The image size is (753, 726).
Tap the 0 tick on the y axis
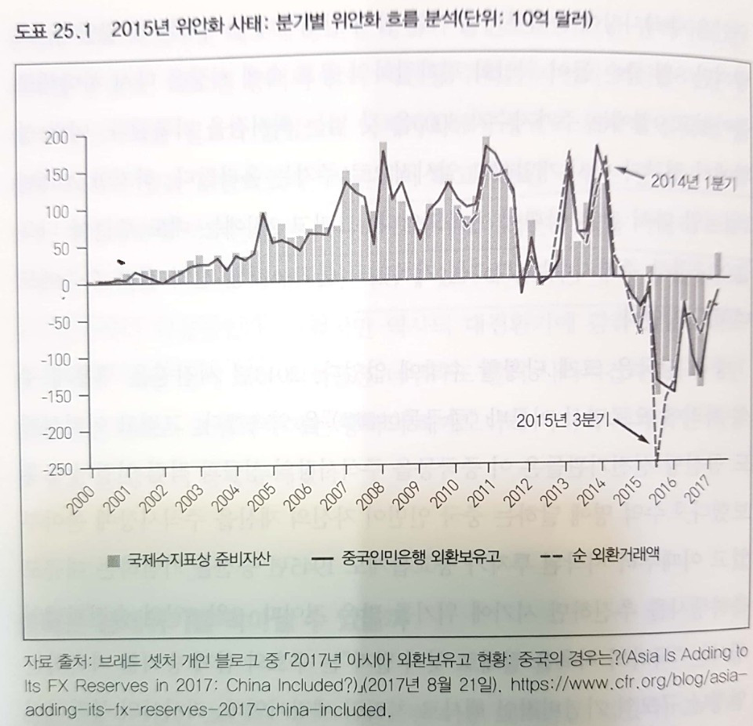click(67, 286)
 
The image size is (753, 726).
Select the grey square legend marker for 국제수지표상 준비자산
click(114, 559)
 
